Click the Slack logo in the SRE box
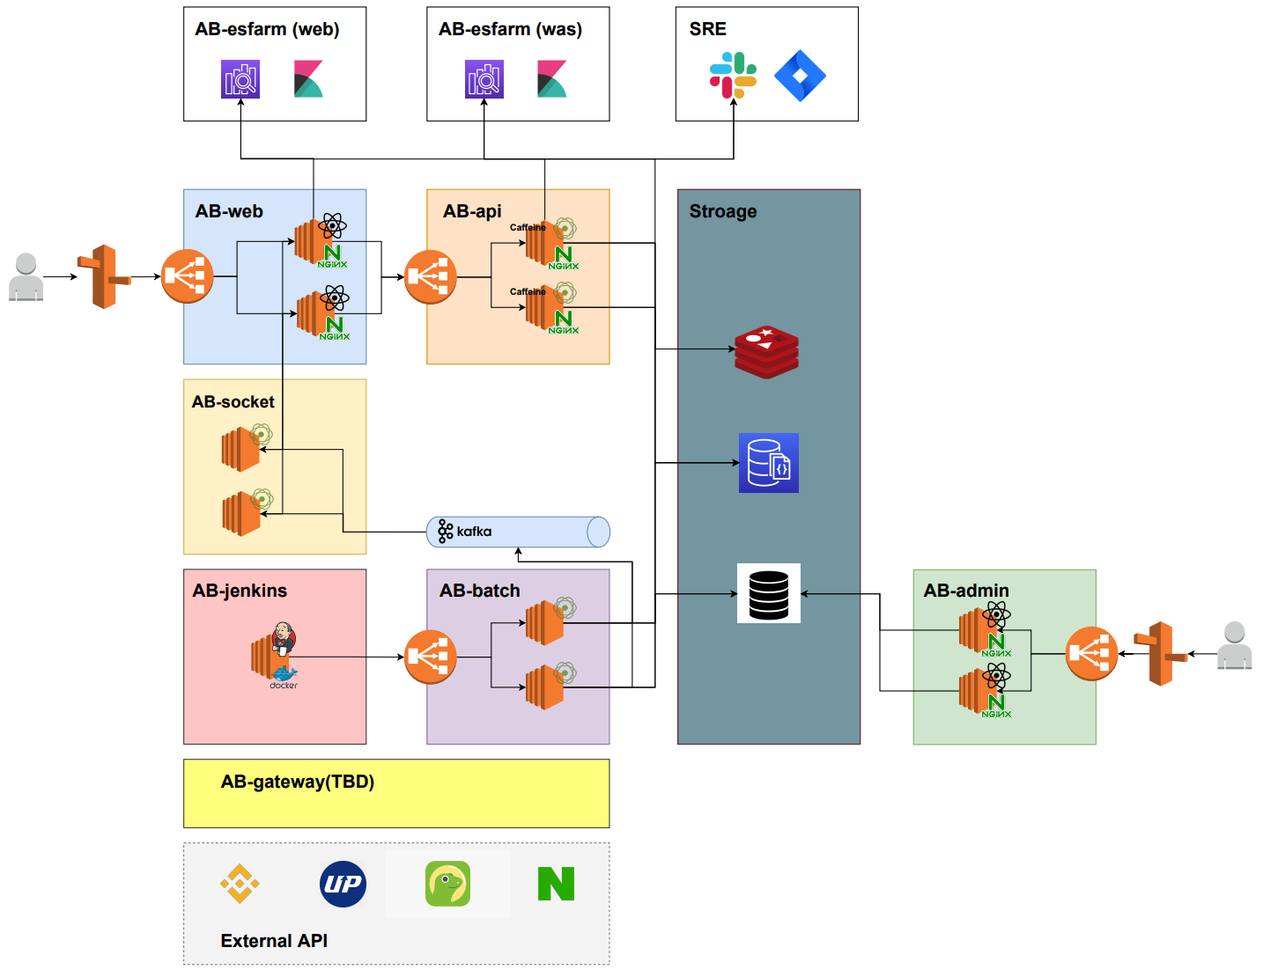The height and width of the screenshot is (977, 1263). coord(733,75)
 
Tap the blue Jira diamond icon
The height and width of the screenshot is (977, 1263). coord(800,76)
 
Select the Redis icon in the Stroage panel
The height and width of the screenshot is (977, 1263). coord(767,351)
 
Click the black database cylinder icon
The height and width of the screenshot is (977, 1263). coord(769,594)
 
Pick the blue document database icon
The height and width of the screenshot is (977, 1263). coord(769,463)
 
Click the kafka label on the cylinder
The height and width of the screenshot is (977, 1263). coord(474,532)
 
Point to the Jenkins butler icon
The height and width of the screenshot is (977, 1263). coord(283,638)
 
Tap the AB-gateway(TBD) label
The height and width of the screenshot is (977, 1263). coord(298,782)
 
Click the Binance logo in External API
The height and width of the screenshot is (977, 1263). coord(240,884)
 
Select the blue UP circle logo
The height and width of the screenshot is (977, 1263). coord(343,884)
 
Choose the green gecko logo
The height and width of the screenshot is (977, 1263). coord(447,884)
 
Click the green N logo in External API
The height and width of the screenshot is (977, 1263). coord(556,884)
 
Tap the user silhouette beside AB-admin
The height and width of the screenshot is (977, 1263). coord(1234,646)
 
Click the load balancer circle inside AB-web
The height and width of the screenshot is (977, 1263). coord(188,276)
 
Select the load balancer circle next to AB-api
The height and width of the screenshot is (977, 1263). coord(430,277)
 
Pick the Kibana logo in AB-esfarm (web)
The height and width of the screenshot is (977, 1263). coord(308,79)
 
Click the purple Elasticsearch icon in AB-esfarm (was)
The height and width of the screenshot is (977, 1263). coord(484,79)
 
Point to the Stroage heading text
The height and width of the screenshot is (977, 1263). coord(723,211)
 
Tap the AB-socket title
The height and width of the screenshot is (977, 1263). coord(233,402)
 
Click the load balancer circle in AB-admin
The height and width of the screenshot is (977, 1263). coord(1091,653)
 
